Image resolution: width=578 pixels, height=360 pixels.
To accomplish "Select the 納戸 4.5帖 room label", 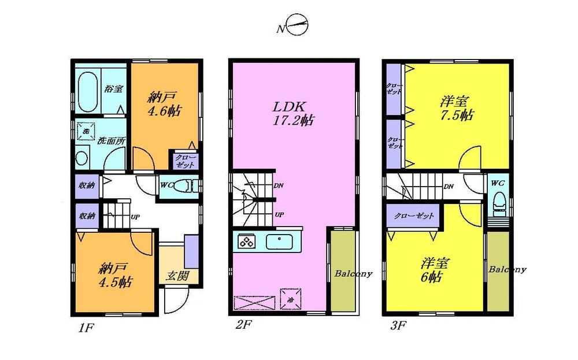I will (x=114, y=276).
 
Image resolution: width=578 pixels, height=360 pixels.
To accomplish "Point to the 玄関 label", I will (x=177, y=275).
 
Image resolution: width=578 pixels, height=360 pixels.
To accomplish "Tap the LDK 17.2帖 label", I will (x=294, y=113).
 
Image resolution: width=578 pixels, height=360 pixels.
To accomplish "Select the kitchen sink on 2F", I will (x=281, y=242).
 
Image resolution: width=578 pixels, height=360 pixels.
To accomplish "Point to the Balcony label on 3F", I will (x=506, y=269).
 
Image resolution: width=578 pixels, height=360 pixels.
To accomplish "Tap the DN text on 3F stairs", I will (x=448, y=187).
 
